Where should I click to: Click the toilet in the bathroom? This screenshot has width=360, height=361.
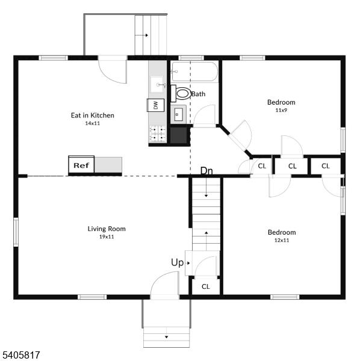tap(181, 93)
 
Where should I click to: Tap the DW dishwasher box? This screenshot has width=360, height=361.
tap(156, 105)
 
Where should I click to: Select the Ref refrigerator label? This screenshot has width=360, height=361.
tap(81, 165)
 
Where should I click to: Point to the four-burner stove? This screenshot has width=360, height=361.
tap(158, 134)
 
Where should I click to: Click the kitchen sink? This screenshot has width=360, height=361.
tap(158, 84)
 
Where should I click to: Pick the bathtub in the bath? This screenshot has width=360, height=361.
tap(195, 72)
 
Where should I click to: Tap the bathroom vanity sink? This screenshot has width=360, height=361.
tap(178, 114)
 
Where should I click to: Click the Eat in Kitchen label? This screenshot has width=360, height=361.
tap(93, 115)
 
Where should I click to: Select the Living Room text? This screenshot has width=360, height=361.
tap(107, 229)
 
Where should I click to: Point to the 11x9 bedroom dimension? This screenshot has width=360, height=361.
tap(281, 110)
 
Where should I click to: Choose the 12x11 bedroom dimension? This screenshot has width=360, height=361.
tap(282, 240)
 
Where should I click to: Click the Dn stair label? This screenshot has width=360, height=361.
tap(206, 171)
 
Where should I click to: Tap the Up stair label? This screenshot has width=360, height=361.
tap(178, 262)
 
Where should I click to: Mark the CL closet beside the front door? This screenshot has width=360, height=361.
tap(206, 286)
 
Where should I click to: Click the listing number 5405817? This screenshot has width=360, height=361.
tap(21, 355)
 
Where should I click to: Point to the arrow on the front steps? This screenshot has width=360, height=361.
tap(166, 337)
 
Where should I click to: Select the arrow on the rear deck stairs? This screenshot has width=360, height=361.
tap(141, 35)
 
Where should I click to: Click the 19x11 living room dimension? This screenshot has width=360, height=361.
tap(107, 236)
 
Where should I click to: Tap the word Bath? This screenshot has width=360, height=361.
tap(198, 94)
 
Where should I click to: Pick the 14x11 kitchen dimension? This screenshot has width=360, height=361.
tap(93, 123)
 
